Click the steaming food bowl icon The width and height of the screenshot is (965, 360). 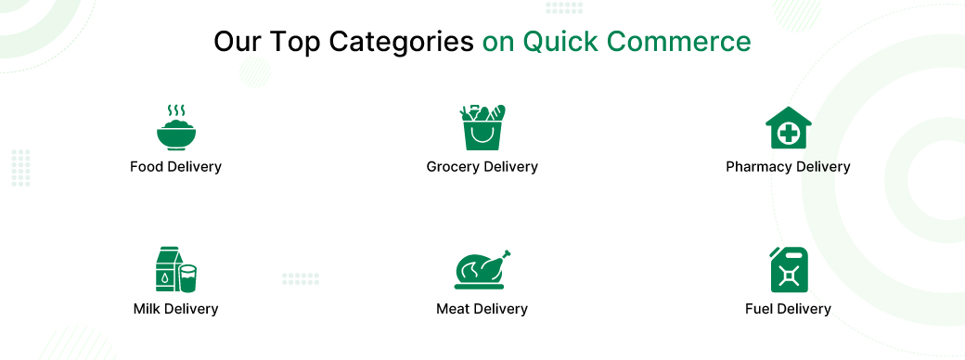tap(176, 128)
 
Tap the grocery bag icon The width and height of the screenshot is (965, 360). tap(482, 127)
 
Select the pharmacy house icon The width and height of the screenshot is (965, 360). tap(789, 127)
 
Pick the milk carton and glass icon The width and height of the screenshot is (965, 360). tap(176, 270)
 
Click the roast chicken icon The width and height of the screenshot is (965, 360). tap(482, 270)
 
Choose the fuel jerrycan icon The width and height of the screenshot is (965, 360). tap(789, 270)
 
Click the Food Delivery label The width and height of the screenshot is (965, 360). tap(175, 167)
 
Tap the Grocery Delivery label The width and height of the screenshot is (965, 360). tap(482, 167)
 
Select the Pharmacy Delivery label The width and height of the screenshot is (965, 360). tap(788, 167)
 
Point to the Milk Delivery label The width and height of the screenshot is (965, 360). tap(175, 308)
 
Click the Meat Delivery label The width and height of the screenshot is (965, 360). tap(482, 308)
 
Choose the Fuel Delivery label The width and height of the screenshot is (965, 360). tap(788, 308)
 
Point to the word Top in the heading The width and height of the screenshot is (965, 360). tap(294, 43)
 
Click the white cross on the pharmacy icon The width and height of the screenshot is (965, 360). tap(789, 134)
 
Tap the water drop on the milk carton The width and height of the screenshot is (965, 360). tap(165, 278)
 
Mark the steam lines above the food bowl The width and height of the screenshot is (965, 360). tap(176, 110)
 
